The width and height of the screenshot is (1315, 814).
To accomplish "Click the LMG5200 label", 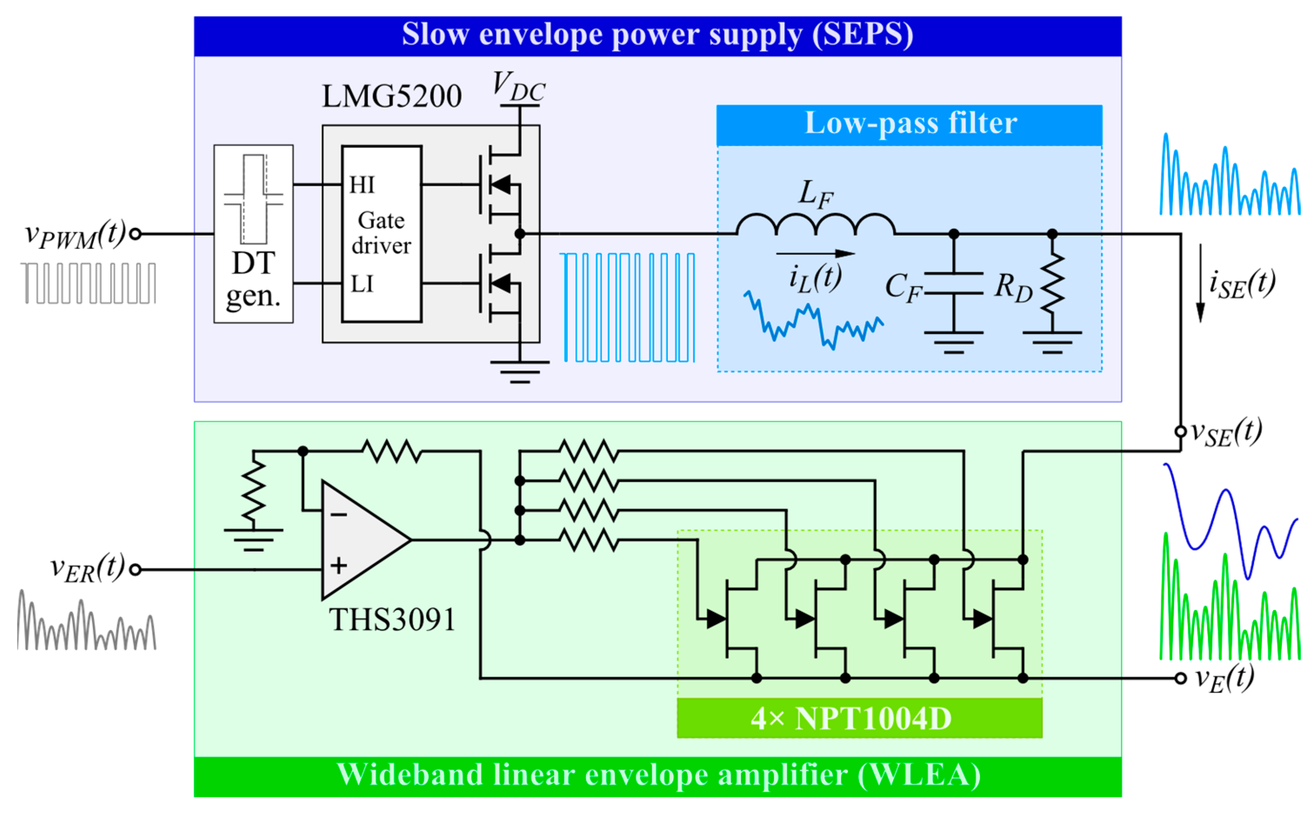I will pyautogui.click(x=391, y=97).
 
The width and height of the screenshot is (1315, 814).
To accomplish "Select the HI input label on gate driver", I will pyautogui.click(x=362, y=185).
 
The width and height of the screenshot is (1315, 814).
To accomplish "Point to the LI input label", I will pyautogui.click(x=362, y=284).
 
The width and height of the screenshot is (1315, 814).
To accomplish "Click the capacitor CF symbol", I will pyautogui.click(x=953, y=284).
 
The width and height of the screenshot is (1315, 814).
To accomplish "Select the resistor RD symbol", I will pyautogui.click(x=1052, y=284).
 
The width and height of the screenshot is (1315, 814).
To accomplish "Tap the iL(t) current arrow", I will pyautogui.click(x=815, y=253).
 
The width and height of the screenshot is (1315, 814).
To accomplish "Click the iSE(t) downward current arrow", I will pyautogui.click(x=1200, y=283).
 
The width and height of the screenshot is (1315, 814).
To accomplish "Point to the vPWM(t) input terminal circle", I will pyautogui.click(x=136, y=234).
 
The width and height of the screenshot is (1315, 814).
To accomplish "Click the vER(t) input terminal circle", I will pyautogui.click(x=136, y=570).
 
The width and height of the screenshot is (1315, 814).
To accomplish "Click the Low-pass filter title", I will pyautogui.click(x=910, y=123).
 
